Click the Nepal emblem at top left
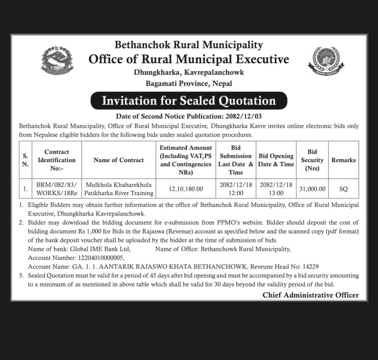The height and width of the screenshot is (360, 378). point(58,60)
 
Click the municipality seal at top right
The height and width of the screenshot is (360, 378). point(325,61)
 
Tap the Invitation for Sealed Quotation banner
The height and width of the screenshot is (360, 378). point(189,100)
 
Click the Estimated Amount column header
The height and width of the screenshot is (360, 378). point(186,160)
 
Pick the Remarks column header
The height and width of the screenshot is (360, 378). point(343,160)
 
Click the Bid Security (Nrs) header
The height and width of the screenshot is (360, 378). point(312,160)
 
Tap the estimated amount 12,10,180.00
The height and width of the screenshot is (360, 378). point(186,189)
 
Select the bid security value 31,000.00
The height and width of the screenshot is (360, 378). point(312,189)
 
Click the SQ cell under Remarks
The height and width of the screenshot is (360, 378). point(343,189)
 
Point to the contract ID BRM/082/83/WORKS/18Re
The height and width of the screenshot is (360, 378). point(57,189)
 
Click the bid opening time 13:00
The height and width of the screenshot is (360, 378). point(276,193)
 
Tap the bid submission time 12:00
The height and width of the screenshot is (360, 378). point(236,193)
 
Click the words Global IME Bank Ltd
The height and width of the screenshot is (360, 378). point(100,249)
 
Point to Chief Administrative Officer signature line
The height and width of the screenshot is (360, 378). point(310,295)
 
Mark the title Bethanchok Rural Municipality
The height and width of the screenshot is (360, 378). point(189,45)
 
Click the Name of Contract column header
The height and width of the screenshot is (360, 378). point(119,160)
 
